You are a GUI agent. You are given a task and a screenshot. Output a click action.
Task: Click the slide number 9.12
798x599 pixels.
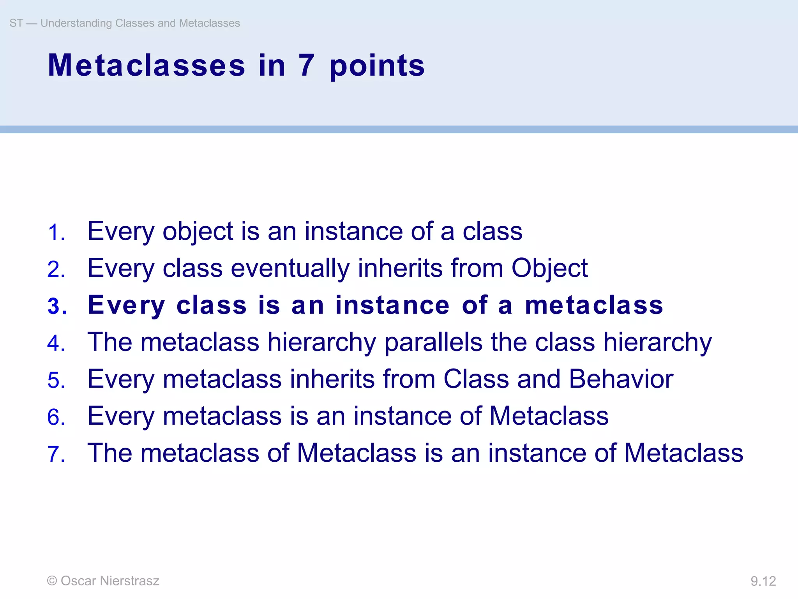click(763, 581)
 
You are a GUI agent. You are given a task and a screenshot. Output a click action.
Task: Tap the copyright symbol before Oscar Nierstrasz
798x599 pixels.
click(52, 581)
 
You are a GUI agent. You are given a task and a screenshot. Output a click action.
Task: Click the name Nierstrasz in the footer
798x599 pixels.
click(129, 581)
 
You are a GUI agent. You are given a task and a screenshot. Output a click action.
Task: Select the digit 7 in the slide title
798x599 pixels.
click(307, 66)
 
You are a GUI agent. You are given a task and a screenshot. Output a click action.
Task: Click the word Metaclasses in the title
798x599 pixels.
click(147, 66)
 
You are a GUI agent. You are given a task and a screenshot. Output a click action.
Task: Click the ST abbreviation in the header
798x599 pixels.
click(16, 23)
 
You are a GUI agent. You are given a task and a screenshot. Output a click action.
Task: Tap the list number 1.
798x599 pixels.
click(55, 233)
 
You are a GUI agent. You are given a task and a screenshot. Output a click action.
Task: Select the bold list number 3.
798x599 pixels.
click(56, 307)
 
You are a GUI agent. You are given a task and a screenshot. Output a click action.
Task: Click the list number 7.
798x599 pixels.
click(55, 454)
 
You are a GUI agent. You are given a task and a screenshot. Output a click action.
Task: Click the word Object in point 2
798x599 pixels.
click(549, 269)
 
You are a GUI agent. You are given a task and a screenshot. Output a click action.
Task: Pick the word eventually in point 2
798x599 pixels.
click(290, 269)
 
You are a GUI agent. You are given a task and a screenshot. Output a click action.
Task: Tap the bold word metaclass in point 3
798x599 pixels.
click(594, 305)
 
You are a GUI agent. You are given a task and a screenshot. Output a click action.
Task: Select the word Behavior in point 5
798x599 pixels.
click(621, 379)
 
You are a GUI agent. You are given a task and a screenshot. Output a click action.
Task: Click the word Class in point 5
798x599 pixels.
click(476, 379)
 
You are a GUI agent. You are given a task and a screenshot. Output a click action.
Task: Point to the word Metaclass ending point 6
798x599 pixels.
click(549, 416)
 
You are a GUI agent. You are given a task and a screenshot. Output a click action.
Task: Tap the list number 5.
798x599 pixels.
click(55, 381)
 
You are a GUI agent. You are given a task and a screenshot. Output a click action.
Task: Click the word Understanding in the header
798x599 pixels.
click(76, 23)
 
